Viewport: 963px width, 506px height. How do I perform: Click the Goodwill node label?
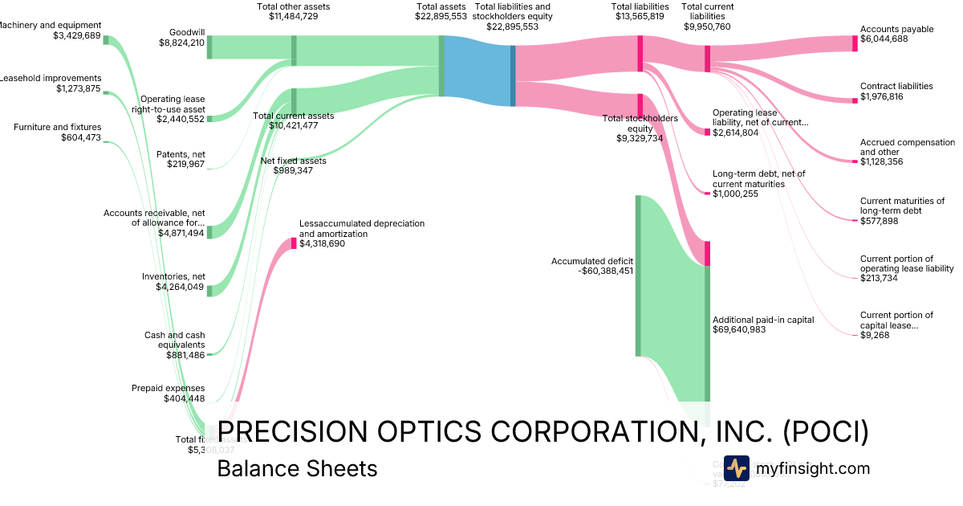click(187, 33)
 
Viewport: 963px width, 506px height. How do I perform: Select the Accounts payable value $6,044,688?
click(884, 39)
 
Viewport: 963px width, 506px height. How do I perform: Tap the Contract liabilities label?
click(896, 86)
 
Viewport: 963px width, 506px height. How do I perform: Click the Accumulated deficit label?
click(592, 261)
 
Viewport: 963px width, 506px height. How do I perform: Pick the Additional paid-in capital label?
click(763, 320)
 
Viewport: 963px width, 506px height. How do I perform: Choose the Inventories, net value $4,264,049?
click(180, 287)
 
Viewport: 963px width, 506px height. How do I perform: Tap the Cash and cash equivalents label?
click(174, 340)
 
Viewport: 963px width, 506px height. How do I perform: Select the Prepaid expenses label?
click(168, 388)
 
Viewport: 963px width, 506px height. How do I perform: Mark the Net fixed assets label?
click(294, 161)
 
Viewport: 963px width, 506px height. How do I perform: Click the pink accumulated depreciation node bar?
click(294, 243)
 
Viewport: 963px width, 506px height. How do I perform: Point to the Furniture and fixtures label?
click(57, 127)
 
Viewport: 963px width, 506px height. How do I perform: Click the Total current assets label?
click(294, 116)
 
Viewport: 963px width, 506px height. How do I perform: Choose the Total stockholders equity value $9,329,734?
click(640, 138)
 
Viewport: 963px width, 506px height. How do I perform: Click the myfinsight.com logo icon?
click(736, 468)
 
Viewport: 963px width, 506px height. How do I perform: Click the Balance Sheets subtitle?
click(297, 468)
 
